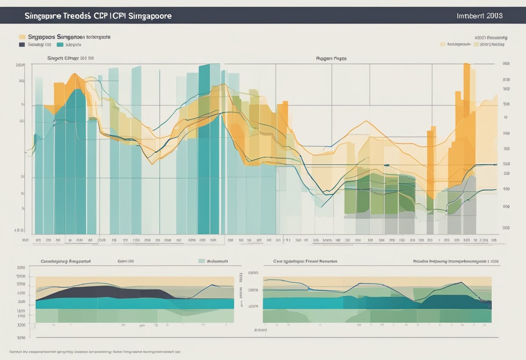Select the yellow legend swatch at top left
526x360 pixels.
point(22,37)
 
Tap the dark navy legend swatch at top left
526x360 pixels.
point(22,44)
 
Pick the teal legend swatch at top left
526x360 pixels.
point(60,44)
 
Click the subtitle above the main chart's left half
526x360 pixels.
point(70,58)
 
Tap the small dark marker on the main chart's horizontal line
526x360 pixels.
point(386,165)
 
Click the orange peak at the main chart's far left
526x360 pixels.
point(74,78)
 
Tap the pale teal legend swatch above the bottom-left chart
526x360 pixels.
point(201,261)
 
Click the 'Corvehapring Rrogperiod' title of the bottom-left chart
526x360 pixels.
point(65,261)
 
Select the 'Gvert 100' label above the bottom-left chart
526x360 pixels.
point(125,261)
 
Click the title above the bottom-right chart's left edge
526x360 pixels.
point(305,261)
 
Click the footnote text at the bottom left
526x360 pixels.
point(94,352)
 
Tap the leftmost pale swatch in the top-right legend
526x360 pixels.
point(443,44)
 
